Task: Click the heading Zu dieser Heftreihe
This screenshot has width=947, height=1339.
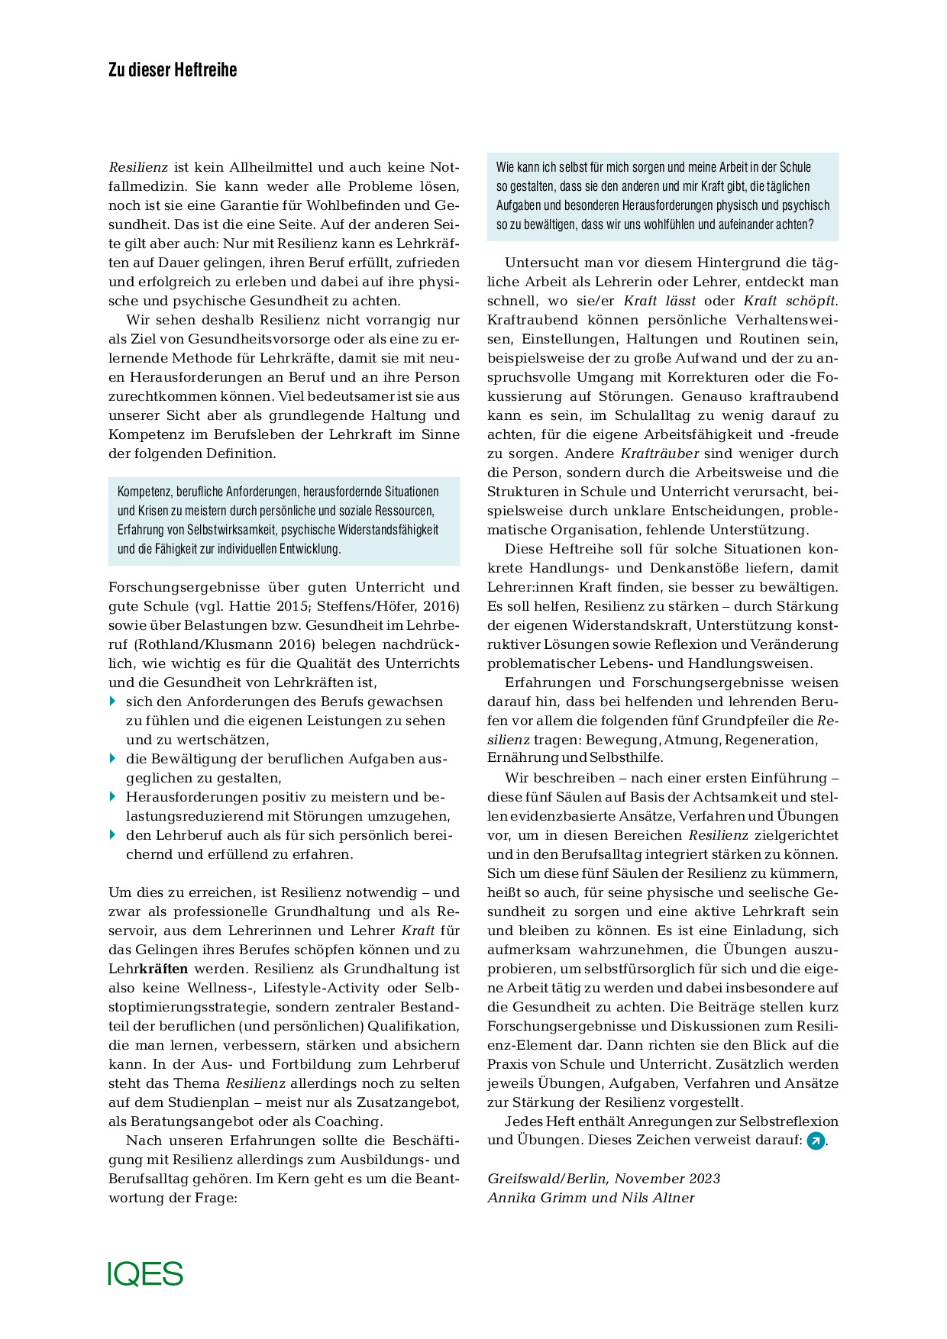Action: tap(173, 70)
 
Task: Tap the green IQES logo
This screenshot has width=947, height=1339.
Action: tap(145, 1273)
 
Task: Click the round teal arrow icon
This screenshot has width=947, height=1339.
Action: tap(816, 1141)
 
